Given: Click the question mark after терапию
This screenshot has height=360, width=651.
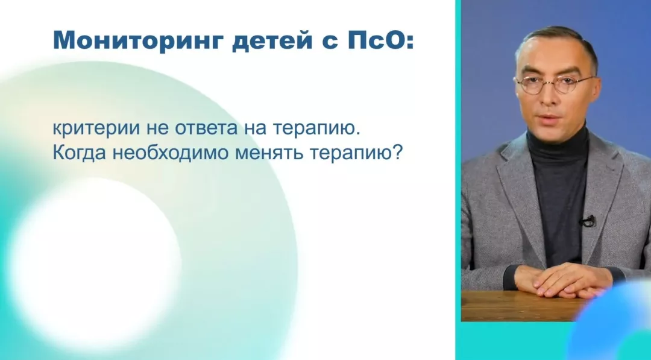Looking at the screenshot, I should pos(397,153).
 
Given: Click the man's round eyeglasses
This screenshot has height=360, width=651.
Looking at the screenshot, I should pos(555,85).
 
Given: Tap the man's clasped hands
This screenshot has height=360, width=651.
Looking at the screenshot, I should pos(561,280).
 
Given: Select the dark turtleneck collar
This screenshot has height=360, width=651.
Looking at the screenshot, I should pos(558,142).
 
